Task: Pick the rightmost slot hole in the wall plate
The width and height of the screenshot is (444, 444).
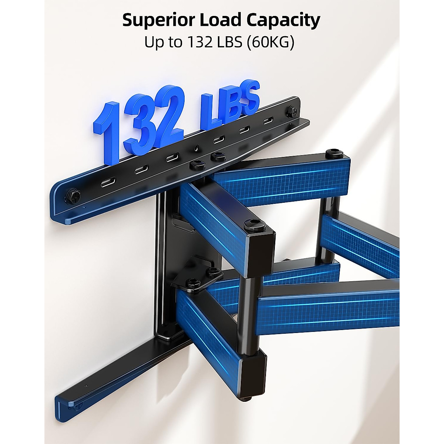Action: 267,121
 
